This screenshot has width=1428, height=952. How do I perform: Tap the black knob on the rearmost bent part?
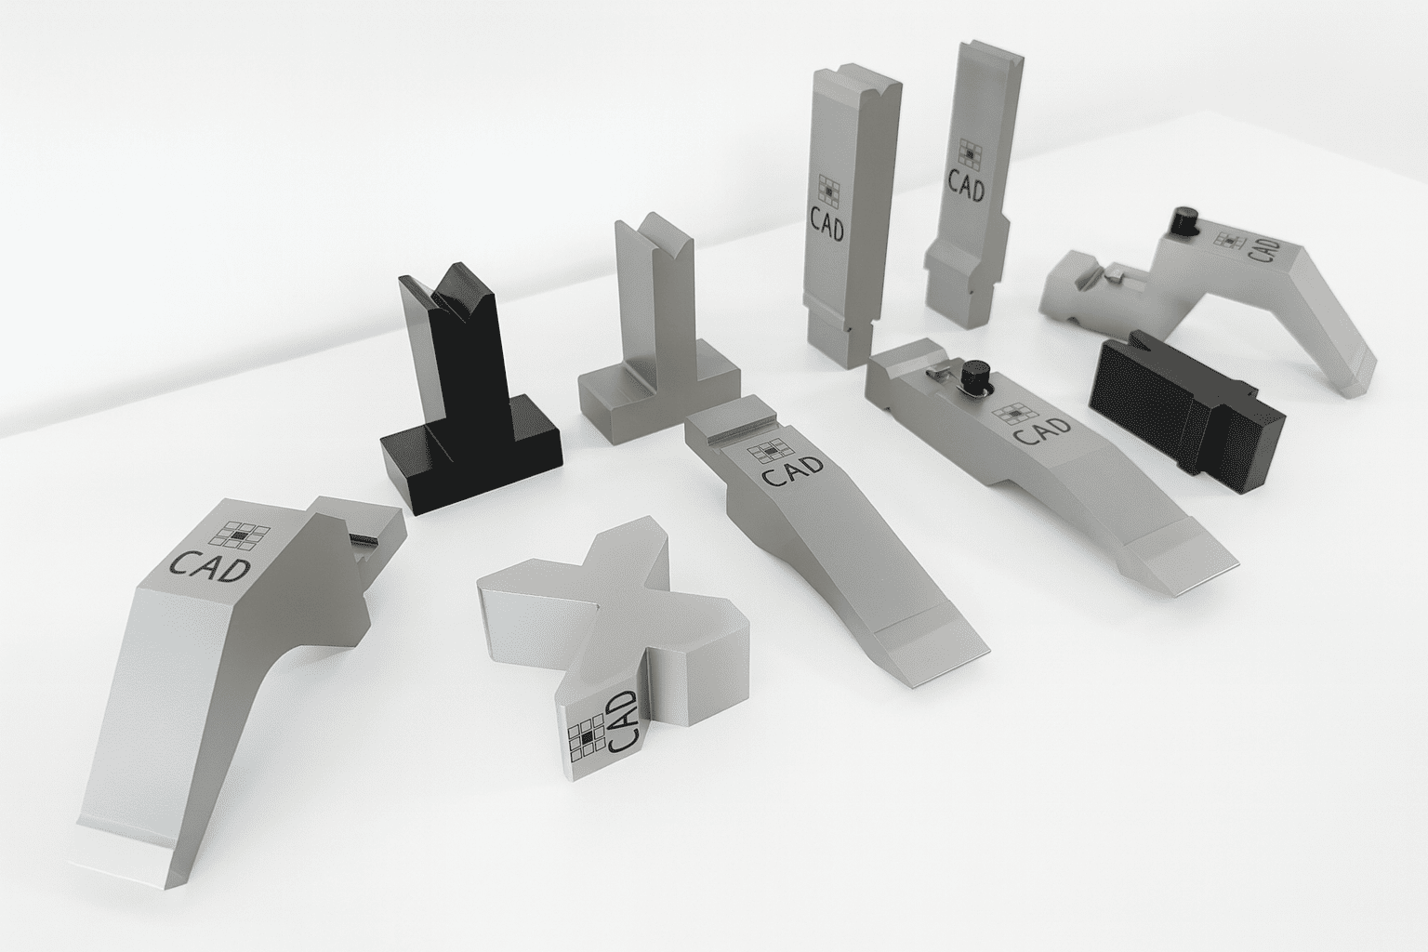1183,221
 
